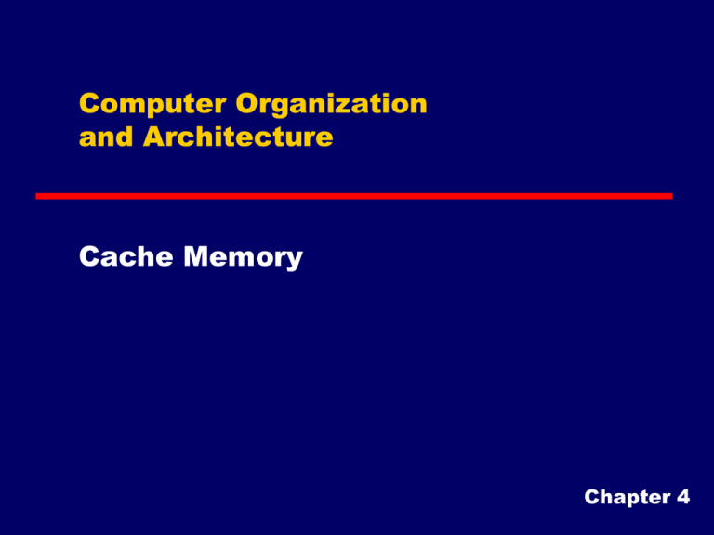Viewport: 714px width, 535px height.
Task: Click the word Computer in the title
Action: [152, 105]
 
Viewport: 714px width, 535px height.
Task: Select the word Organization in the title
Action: [332, 105]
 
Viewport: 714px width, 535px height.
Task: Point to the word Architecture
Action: [238, 136]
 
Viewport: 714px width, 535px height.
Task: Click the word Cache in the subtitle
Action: [126, 256]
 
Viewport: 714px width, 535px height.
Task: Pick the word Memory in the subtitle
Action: [244, 257]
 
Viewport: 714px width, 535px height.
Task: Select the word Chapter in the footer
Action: [628, 498]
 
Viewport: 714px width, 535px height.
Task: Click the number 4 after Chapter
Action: [683, 497]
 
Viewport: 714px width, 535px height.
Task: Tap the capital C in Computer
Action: [89, 104]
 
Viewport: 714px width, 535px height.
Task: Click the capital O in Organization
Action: [247, 104]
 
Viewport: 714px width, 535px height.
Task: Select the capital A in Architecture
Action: [154, 136]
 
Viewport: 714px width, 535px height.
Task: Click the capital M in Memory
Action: [196, 256]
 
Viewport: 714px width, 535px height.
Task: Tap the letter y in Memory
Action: [294, 260]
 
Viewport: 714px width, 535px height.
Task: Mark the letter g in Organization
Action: [285, 109]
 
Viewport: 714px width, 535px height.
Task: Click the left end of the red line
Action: [36, 196]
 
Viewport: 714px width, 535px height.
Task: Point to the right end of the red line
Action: [672, 196]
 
